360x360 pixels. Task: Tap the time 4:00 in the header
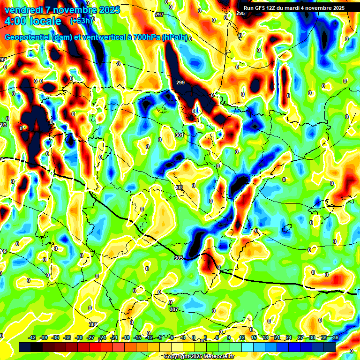point(16,21)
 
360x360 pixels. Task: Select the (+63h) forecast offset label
point(81,21)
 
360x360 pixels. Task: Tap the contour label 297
point(159,15)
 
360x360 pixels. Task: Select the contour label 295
point(240,13)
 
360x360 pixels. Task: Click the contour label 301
point(179,135)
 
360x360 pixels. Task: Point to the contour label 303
point(179,187)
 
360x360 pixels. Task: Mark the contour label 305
point(178,258)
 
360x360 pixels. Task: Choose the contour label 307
point(173,309)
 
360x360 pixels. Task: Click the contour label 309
point(93,324)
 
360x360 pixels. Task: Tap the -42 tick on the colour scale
point(32,337)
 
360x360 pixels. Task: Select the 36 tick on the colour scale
point(335,337)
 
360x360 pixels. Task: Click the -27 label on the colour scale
point(90,337)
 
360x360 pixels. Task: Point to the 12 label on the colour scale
point(241,337)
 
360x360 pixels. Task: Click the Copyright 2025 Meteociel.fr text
point(199,357)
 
